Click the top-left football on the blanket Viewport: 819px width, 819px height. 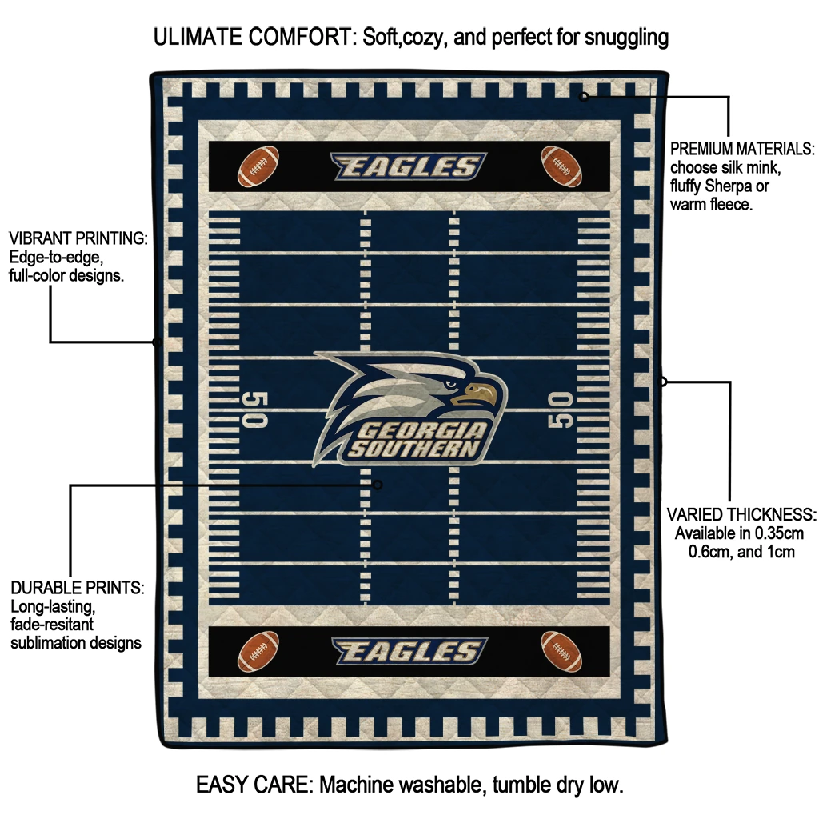(x=258, y=166)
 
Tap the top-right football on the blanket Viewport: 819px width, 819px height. (x=561, y=166)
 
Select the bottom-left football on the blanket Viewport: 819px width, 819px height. (x=258, y=651)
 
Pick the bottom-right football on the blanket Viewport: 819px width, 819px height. (x=561, y=651)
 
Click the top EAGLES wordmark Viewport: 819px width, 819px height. (x=409, y=166)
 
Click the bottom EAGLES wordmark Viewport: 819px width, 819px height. (x=409, y=651)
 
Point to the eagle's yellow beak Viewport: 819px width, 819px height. (x=474, y=394)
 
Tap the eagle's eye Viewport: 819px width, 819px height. (x=450, y=385)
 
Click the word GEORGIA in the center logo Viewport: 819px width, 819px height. (x=422, y=431)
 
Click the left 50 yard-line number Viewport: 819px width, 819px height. (x=255, y=409)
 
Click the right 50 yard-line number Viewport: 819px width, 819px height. (x=561, y=409)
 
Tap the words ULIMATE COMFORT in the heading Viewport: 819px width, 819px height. (x=252, y=37)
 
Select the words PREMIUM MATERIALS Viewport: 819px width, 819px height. (x=742, y=149)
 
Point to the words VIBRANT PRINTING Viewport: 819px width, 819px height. (x=78, y=238)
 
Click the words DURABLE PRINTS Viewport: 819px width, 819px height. (x=78, y=588)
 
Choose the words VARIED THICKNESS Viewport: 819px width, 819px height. (x=741, y=515)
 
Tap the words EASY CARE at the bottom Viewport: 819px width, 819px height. (x=254, y=785)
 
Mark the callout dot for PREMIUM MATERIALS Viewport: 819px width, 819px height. (x=584, y=96)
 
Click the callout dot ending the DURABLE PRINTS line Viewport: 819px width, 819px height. (x=378, y=485)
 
